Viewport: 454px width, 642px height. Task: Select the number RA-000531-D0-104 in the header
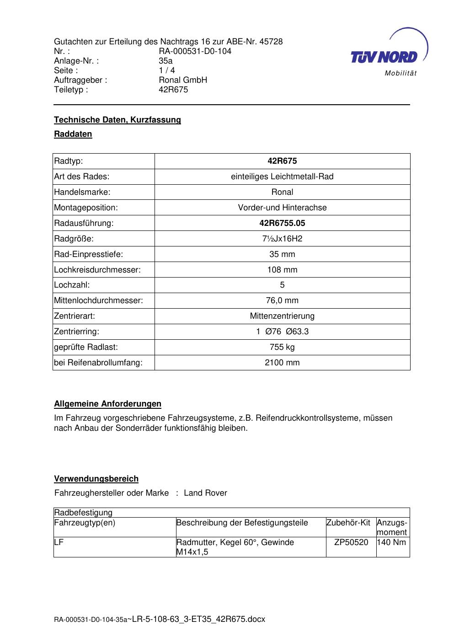click(x=195, y=51)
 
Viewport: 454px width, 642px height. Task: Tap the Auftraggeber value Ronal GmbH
click(x=183, y=80)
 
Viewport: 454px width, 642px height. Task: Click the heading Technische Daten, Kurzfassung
click(x=118, y=120)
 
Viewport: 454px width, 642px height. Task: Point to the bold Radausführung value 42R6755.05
click(x=282, y=223)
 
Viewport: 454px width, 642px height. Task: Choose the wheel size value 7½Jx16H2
click(x=282, y=239)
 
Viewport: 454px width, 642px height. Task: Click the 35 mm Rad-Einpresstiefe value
click(x=282, y=254)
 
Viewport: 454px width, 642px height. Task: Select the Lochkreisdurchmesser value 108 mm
click(x=282, y=270)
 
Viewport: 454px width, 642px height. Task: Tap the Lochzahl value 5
click(x=282, y=285)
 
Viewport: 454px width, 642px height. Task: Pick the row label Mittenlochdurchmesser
click(x=99, y=300)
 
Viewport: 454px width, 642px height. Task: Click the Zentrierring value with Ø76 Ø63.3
click(x=282, y=332)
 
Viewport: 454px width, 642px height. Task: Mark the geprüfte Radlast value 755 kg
click(x=282, y=347)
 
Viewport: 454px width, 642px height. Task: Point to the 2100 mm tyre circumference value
click(x=282, y=363)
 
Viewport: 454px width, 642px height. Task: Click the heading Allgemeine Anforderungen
click(x=108, y=404)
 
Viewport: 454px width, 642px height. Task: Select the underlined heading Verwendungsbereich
click(x=96, y=479)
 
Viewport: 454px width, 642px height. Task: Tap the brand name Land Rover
click(x=205, y=493)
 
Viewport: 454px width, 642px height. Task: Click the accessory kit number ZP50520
click(x=351, y=542)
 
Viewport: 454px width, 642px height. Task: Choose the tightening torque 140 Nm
click(x=393, y=542)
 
